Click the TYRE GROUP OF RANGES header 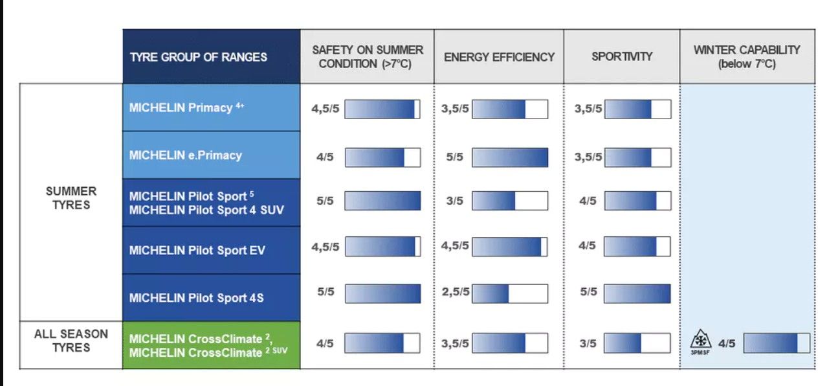click(x=198, y=57)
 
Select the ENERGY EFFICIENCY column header click(x=499, y=57)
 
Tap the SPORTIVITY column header click(x=622, y=56)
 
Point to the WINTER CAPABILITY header click(x=747, y=56)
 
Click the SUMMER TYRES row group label click(x=71, y=198)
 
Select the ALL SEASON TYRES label click(x=71, y=341)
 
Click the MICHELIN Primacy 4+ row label click(x=187, y=108)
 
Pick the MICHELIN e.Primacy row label click(x=185, y=155)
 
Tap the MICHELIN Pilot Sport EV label click(x=197, y=250)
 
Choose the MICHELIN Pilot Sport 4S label click(x=197, y=298)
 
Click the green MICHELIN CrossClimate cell click(x=212, y=345)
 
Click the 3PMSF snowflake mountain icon click(x=700, y=341)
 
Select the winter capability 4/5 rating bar click(x=777, y=343)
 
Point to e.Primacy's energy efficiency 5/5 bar click(x=510, y=157)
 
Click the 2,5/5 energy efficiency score click(x=456, y=292)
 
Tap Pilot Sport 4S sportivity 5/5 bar click(x=637, y=293)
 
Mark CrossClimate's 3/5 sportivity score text click(x=588, y=343)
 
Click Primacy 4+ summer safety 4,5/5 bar click(x=382, y=109)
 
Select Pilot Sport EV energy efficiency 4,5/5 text click(x=455, y=245)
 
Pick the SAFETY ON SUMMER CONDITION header click(x=368, y=56)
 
